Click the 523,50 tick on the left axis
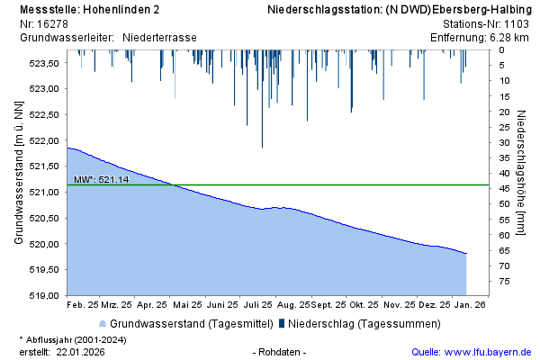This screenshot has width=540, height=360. coord(44,63)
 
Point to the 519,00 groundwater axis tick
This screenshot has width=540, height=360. coord(44,295)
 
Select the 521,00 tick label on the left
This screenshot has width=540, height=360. coord(44,192)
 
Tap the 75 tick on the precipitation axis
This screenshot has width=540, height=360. coord(505,282)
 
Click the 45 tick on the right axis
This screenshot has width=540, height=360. coord(505,188)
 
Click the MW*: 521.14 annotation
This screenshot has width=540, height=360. coord(102,180)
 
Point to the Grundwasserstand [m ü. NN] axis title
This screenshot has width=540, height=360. coord(18,174)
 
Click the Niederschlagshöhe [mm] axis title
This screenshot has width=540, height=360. coord(522,174)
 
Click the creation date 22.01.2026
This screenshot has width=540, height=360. coord(80,351)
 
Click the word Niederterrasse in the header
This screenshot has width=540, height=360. coord(159,37)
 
